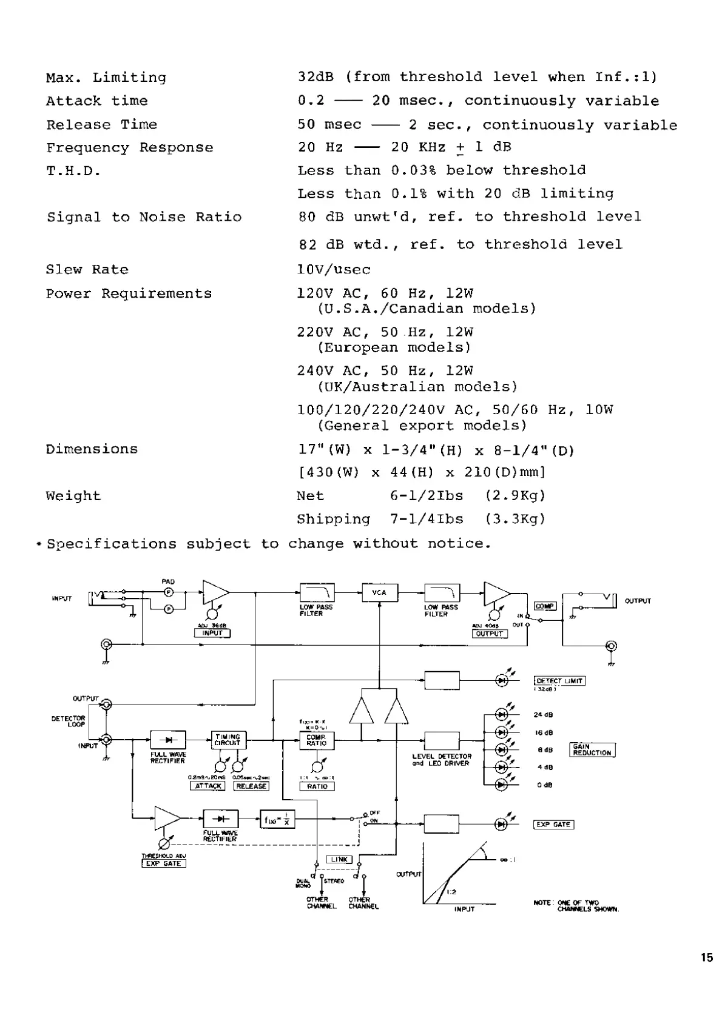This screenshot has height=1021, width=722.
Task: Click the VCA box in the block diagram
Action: click(x=380, y=592)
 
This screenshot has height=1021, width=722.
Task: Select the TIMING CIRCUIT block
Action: click(x=228, y=740)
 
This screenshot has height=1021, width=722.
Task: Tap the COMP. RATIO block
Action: click(x=316, y=740)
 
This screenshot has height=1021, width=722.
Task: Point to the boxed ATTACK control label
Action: click(x=207, y=786)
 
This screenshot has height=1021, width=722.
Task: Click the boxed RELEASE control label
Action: click(x=251, y=786)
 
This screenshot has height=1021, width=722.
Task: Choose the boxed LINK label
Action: click(x=339, y=859)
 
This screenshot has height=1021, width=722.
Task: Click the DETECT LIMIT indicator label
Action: click(x=559, y=681)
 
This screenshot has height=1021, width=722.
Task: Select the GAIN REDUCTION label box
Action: click(x=593, y=749)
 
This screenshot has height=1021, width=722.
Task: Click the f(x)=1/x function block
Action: click(x=277, y=820)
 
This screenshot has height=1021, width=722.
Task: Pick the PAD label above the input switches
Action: click(x=168, y=581)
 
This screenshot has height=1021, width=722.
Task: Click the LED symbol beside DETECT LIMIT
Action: click(x=502, y=680)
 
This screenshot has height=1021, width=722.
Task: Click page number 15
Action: click(x=706, y=958)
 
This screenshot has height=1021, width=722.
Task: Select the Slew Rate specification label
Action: click(x=87, y=270)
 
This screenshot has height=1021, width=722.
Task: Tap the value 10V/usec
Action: click(x=334, y=270)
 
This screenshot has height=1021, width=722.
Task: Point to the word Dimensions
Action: click(x=92, y=449)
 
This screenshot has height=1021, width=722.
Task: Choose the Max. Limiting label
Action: click(x=106, y=78)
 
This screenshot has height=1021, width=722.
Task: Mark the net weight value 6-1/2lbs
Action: click(x=427, y=496)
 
